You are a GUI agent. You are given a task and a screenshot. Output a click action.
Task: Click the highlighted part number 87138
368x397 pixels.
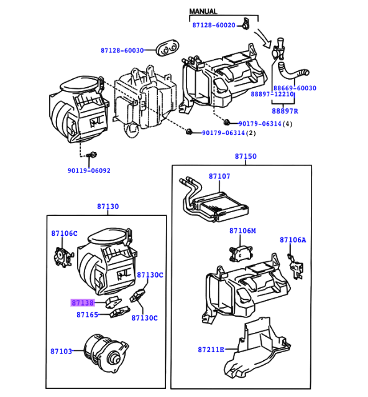83,303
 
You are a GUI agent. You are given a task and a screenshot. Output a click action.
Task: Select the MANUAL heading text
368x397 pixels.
203,11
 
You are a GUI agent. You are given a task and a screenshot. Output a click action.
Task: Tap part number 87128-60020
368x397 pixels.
213,25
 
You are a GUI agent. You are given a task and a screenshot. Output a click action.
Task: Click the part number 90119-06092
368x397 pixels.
89,170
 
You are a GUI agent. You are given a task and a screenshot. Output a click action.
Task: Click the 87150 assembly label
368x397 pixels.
245,156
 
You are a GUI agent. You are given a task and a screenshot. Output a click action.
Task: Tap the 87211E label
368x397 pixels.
211,350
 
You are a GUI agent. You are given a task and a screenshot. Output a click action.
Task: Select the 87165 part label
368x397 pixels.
87,315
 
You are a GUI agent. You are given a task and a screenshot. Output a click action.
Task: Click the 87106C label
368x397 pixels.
64,233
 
